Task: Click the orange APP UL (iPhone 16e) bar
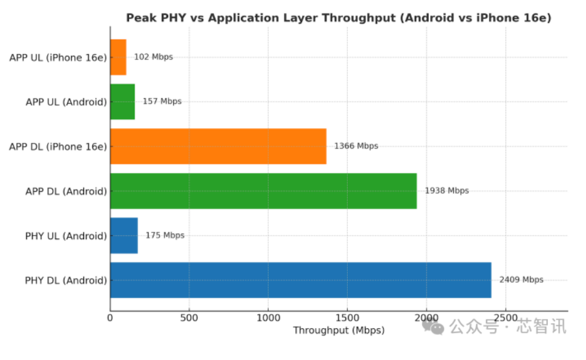(x=118, y=57)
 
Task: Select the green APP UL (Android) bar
(x=123, y=102)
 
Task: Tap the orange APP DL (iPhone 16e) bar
(x=218, y=146)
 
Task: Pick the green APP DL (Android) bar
(x=263, y=191)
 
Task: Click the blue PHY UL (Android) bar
(x=124, y=236)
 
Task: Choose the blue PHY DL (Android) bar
(x=301, y=280)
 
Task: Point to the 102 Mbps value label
(x=153, y=57)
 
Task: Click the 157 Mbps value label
(x=162, y=101)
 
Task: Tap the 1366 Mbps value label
(x=356, y=146)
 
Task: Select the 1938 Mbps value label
(x=447, y=191)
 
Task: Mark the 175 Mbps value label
(x=164, y=236)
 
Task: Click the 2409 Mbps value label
(x=521, y=280)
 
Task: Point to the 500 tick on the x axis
(x=189, y=318)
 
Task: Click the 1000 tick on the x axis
(x=268, y=318)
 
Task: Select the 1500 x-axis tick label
(x=347, y=318)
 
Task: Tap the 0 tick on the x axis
(x=110, y=318)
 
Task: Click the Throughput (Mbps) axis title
(x=339, y=331)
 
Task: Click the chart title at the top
(x=339, y=18)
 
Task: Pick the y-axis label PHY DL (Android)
(x=66, y=281)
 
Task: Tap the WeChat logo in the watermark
(x=436, y=327)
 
